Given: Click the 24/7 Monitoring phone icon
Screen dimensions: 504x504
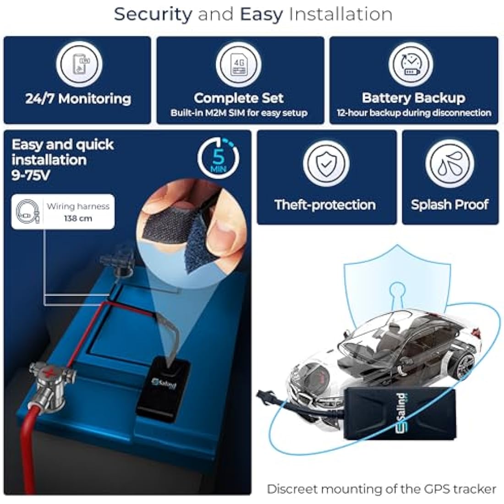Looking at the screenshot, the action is click(79, 64).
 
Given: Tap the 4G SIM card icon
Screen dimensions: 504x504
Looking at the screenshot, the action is click(239, 65).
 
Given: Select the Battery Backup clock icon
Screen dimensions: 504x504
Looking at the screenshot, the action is click(411, 64).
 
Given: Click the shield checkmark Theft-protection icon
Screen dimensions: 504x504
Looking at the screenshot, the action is click(326, 163).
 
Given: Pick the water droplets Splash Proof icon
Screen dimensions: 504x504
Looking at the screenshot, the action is click(449, 163).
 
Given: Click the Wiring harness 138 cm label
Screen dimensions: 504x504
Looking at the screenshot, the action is click(63, 212).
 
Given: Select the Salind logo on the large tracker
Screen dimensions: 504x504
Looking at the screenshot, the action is click(401, 412).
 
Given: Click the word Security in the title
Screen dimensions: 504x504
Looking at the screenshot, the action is click(153, 15).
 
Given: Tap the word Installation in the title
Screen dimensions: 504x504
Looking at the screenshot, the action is click(340, 14).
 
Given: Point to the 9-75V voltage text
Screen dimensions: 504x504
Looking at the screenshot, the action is click(31, 175).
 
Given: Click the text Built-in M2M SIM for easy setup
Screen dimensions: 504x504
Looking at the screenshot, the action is click(239, 113).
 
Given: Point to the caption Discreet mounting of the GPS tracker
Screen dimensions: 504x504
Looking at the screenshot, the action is click(382, 489).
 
